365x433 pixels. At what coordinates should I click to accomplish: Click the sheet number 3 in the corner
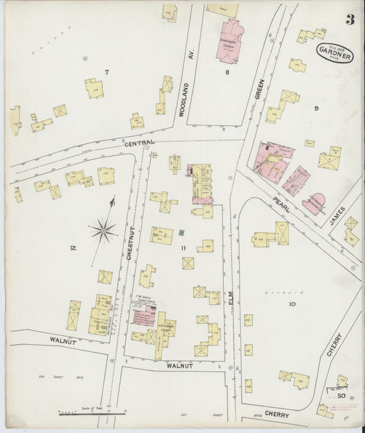click(x=349, y=19)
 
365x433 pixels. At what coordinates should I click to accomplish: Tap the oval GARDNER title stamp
click(x=334, y=53)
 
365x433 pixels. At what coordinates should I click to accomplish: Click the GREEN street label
click(x=259, y=103)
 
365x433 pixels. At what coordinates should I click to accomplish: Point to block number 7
click(x=106, y=73)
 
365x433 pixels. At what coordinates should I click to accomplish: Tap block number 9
click(x=316, y=108)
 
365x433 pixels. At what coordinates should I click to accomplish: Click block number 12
click(x=73, y=248)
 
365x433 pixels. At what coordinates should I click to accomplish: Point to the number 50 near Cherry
click(x=339, y=395)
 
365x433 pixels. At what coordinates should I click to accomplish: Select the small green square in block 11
click(x=182, y=233)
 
